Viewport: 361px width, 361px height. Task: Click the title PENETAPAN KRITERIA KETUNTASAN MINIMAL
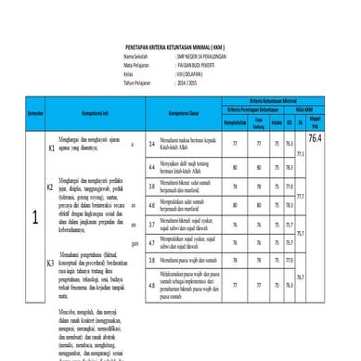(x=180, y=44)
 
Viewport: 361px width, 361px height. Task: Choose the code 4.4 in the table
(x=151, y=167)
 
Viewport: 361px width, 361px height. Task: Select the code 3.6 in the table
(x=151, y=187)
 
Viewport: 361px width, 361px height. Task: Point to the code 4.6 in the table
(x=151, y=205)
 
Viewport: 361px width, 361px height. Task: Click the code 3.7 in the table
(x=151, y=224)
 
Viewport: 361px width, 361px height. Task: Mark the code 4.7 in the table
(x=151, y=242)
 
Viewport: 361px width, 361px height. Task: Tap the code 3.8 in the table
(x=151, y=261)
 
